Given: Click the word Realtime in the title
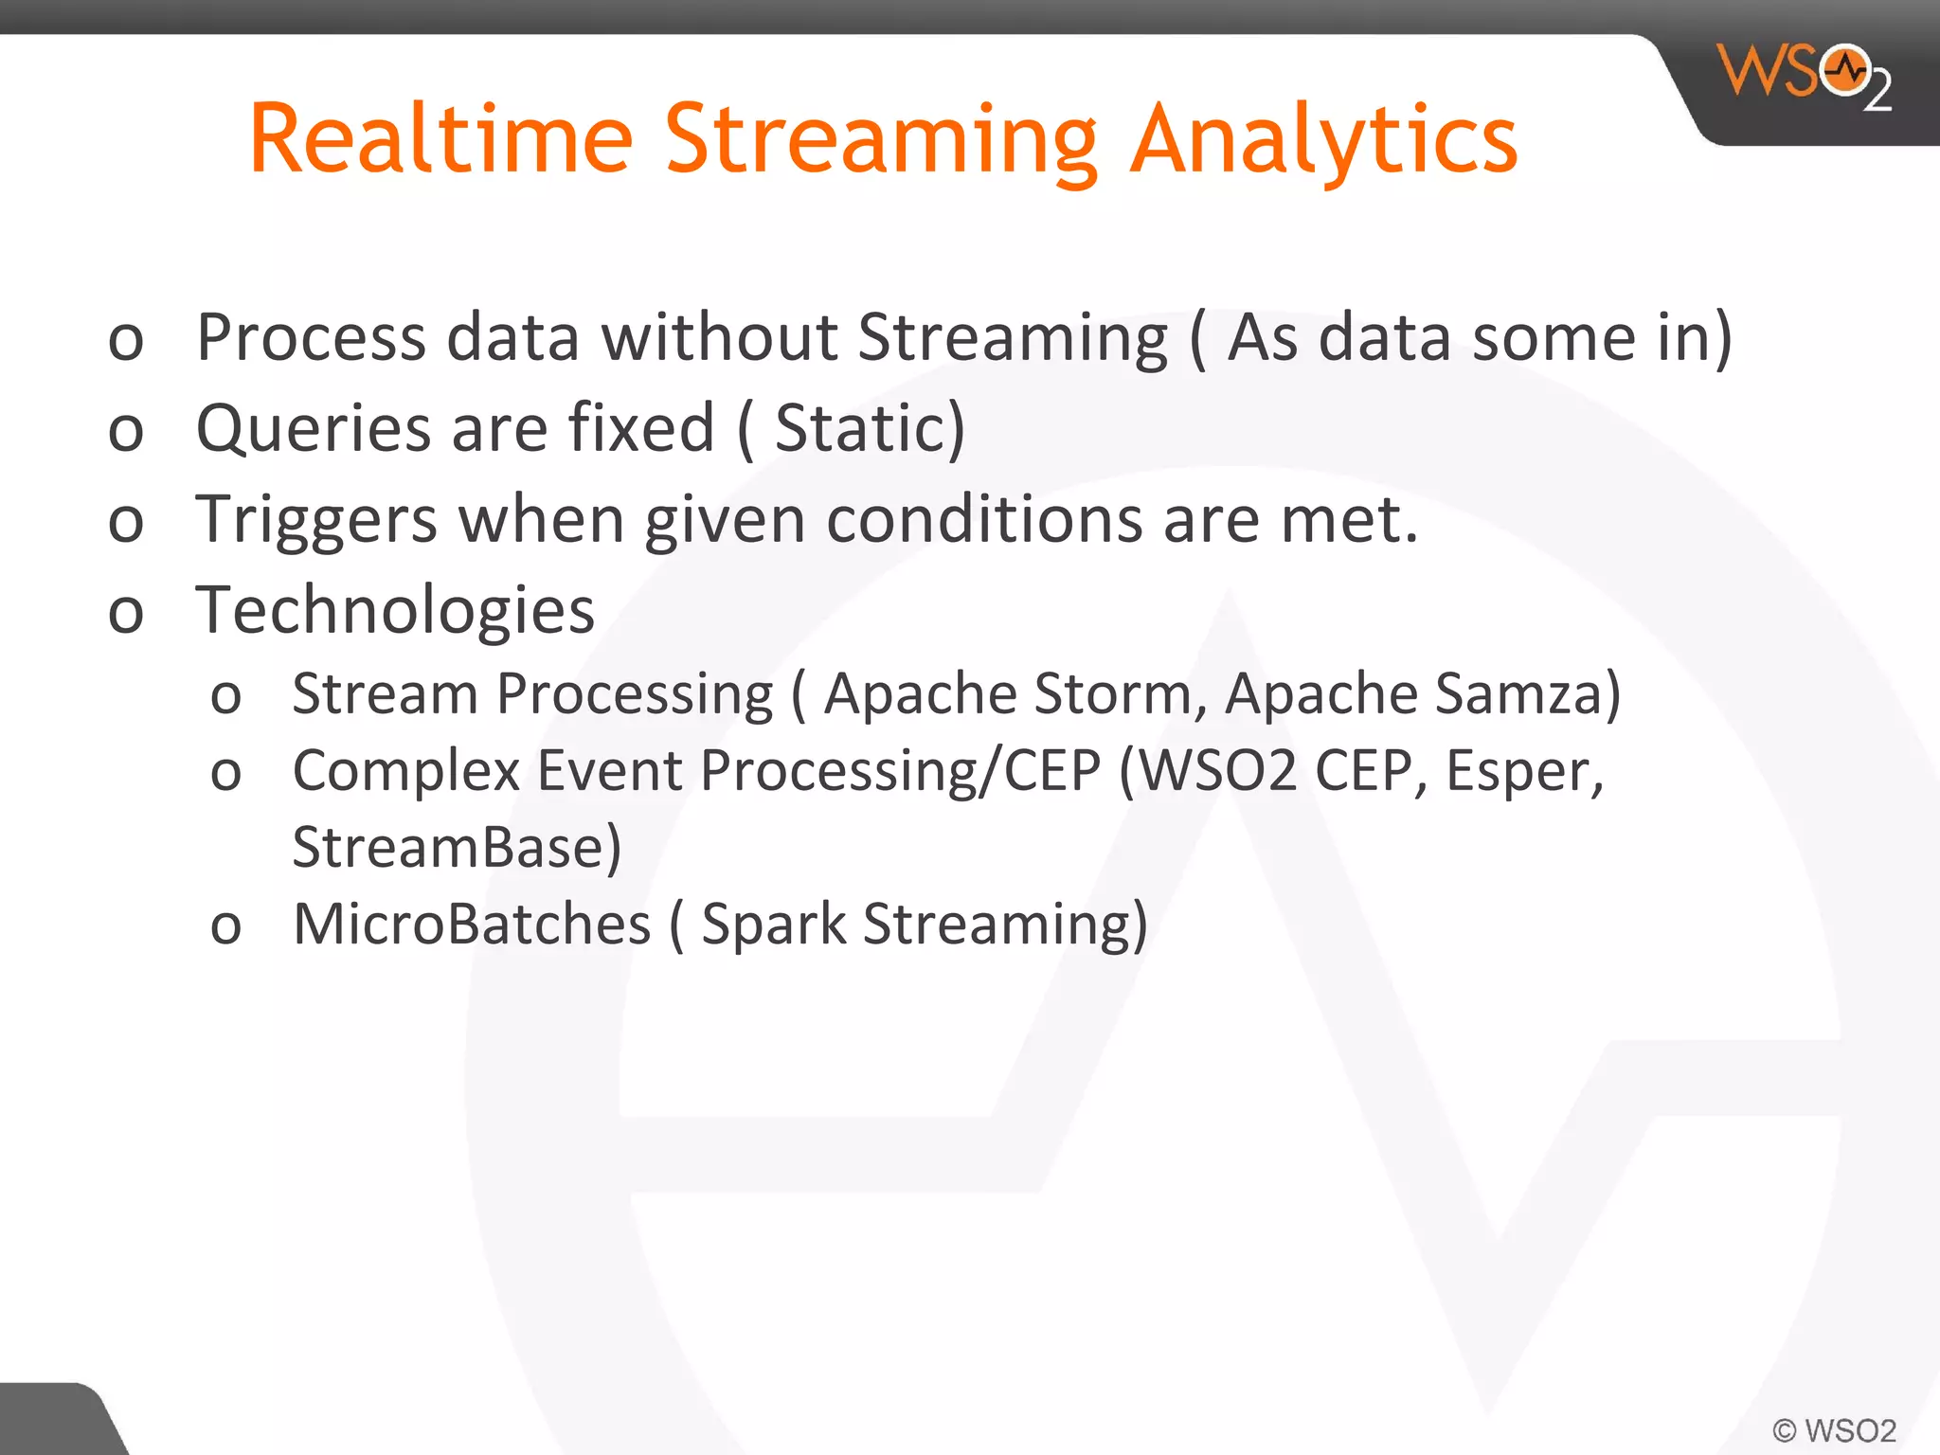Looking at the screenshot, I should (x=440, y=140).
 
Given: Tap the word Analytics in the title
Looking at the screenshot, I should (x=1324, y=140).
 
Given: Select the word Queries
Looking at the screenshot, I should (x=313, y=429).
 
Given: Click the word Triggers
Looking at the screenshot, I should (x=316, y=521).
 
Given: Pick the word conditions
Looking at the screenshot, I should (x=984, y=521).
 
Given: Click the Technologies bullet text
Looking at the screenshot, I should (x=395, y=611).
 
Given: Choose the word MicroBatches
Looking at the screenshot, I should (x=472, y=925).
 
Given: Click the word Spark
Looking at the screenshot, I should (x=773, y=925).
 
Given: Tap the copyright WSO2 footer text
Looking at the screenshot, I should (x=1834, y=1429).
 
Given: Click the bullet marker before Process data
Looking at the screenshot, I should (x=126, y=340).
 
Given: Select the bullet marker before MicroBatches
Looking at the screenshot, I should (x=225, y=926).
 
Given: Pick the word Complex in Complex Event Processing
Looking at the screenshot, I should (x=405, y=771).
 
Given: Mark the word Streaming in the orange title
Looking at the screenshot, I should (x=881, y=140).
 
